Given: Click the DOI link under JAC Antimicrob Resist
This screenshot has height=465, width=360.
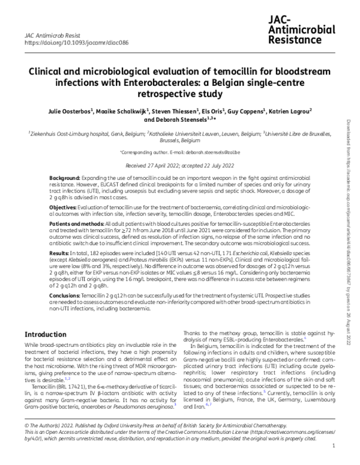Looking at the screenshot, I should click(65, 44).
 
